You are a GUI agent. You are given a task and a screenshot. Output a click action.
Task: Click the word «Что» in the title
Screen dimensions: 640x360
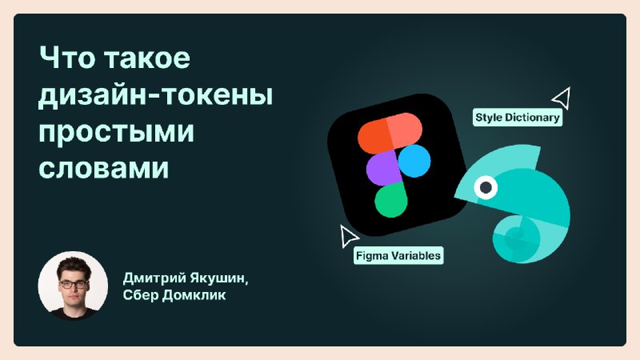click(x=66, y=58)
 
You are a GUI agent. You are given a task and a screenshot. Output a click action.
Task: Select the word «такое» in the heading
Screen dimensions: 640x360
click(x=147, y=58)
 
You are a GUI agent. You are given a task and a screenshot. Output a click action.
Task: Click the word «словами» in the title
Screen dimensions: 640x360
click(x=104, y=167)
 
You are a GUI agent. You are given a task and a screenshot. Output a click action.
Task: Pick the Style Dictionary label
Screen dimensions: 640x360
click(x=517, y=118)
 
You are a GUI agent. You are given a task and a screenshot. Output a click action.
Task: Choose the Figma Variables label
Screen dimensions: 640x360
click(x=398, y=255)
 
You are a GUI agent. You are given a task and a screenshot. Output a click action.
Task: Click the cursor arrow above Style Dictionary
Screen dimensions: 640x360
click(x=562, y=98)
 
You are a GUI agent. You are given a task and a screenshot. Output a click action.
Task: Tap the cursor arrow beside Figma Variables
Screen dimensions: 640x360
click(x=348, y=236)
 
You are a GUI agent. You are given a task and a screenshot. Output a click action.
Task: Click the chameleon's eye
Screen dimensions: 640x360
click(x=486, y=187)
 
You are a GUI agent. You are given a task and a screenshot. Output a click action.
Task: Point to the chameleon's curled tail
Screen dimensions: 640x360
click(x=515, y=238)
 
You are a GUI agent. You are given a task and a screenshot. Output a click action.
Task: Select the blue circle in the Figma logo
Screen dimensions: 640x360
click(x=414, y=161)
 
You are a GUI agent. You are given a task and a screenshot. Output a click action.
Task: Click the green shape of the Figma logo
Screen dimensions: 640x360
click(x=390, y=200)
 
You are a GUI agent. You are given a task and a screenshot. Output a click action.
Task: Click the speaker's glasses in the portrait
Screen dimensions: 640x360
click(x=73, y=284)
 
